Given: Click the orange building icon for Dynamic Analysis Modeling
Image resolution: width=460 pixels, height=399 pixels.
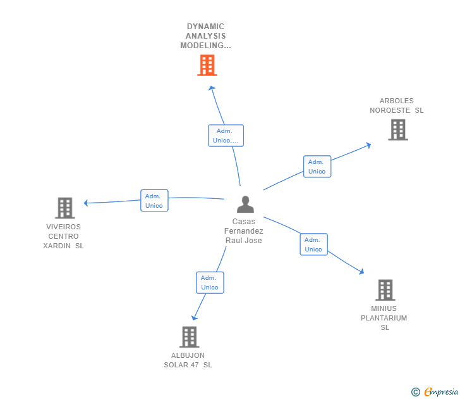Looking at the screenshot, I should pyautogui.click(x=207, y=65).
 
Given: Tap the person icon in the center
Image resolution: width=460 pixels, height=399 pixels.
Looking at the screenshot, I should pyautogui.click(x=245, y=204).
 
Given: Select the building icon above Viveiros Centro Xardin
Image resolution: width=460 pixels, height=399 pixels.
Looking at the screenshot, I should pyautogui.click(x=64, y=208).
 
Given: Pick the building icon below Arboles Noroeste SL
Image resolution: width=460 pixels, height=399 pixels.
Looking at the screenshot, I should pyautogui.click(x=397, y=130).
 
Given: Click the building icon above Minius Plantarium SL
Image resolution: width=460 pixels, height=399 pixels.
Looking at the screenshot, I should pyautogui.click(x=385, y=290).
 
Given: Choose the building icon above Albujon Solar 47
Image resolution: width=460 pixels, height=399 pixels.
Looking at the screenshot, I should pyautogui.click(x=189, y=337).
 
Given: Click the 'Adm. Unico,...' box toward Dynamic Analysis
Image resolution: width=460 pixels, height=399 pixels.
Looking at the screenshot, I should pyautogui.click(x=226, y=136).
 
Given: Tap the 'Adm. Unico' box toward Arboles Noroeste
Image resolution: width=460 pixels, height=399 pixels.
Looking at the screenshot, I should pyautogui.click(x=317, y=167).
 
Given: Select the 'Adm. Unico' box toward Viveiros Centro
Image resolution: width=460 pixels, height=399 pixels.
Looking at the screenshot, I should pyautogui.click(x=154, y=200).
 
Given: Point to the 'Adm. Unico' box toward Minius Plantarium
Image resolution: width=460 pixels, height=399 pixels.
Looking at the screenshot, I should pyautogui.click(x=313, y=244).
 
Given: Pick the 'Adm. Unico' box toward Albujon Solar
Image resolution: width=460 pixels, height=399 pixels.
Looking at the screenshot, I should pyautogui.click(x=210, y=282).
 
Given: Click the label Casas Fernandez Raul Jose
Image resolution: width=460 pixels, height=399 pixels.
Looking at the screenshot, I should pyautogui.click(x=244, y=231).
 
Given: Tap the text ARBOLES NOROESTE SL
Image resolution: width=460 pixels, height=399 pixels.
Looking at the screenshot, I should pyautogui.click(x=397, y=105).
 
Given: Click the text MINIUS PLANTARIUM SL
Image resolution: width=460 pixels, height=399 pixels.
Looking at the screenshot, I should pyautogui.click(x=384, y=318).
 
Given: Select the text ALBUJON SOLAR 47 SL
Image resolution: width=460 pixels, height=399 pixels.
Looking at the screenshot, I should pyautogui.click(x=188, y=360).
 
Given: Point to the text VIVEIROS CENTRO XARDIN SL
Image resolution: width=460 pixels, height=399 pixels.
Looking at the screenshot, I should pyautogui.click(x=63, y=236).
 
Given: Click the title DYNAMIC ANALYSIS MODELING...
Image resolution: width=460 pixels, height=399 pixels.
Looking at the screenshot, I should pyautogui.click(x=205, y=36).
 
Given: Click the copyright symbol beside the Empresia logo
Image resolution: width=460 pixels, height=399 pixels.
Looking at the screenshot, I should pyautogui.click(x=416, y=392).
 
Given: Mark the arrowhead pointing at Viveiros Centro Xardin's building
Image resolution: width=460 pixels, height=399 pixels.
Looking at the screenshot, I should pyautogui.click(x=87, y=203).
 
